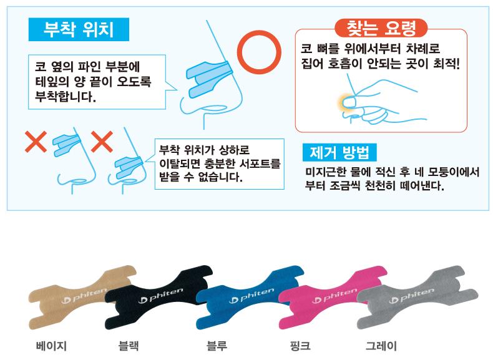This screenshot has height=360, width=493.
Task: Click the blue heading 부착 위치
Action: [x=79, y=29]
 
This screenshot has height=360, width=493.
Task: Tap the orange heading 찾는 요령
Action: [x=381, y=28]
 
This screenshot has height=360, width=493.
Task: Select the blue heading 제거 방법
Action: [x=339, y=152]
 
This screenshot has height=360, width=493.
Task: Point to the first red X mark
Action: [x=36, y=142]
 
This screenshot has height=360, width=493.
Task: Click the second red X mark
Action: [x=102, y=142]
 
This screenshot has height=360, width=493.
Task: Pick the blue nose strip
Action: [x=248, y=297]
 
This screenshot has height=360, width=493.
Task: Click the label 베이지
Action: [x=51, y=346]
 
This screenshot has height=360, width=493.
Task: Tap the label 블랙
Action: [x=129, y=346]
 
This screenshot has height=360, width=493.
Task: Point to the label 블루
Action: [x=217, y=346]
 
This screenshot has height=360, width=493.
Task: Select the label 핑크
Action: [x=300, y=346]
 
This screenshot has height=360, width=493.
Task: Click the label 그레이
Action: [x=381, y=346]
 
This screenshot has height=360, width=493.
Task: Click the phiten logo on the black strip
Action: [x=160, y=296]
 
